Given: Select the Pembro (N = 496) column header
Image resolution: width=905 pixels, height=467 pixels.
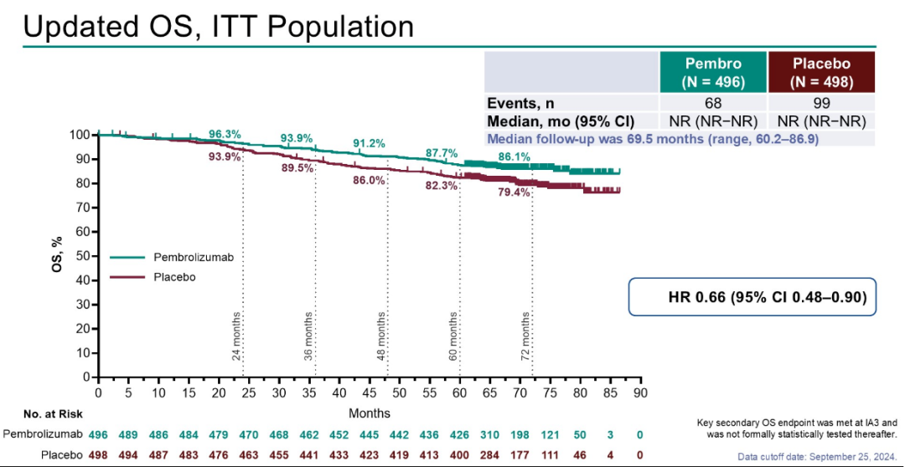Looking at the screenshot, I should pos(713,72).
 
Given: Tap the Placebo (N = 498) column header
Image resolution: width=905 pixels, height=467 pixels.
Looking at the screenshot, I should pos(821,72).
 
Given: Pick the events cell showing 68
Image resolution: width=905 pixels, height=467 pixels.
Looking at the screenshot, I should pos(713,103).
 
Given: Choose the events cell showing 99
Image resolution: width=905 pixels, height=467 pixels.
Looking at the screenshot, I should pos(821,103).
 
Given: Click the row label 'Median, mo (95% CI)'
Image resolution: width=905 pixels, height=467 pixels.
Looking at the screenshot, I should pos(561,121).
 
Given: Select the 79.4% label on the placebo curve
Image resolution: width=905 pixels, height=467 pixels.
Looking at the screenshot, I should pos(514,192).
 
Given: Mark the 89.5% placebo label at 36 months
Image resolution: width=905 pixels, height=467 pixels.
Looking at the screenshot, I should pos(297,168).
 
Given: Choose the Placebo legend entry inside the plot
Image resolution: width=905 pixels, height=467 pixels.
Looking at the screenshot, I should pos(174,277).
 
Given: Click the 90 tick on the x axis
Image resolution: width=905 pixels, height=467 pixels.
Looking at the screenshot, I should pos(639,392).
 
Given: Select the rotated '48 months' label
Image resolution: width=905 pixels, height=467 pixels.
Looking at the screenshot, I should pos(381,336).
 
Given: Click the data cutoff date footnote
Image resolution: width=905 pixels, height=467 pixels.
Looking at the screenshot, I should pos(820,456).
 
